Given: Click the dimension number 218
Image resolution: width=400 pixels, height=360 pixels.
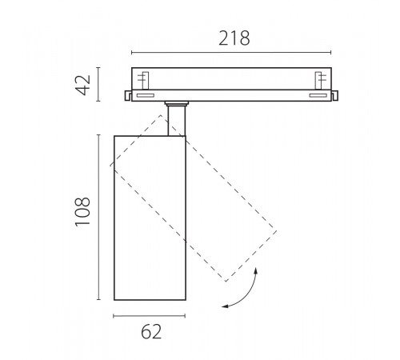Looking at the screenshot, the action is click(234, 38).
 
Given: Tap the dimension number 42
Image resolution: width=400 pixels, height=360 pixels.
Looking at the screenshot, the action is click(83, 85).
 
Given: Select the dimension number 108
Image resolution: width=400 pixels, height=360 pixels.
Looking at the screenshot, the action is click(82, 212).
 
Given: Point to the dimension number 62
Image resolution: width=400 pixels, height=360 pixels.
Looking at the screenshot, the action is click(151, 331).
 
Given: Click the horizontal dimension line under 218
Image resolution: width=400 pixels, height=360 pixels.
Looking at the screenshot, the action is click(231, 53).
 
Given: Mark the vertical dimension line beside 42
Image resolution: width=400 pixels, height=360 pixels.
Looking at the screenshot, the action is click(98, 84).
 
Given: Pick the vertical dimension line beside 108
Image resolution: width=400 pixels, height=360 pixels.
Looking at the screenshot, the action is click(99, 217).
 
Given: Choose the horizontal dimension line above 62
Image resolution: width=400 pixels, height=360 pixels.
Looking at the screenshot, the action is click(149, 316).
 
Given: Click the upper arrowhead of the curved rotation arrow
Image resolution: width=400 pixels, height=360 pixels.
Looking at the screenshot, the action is click(256, 270).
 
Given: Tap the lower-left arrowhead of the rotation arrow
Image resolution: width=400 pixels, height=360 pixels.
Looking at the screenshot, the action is click(226, 306).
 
